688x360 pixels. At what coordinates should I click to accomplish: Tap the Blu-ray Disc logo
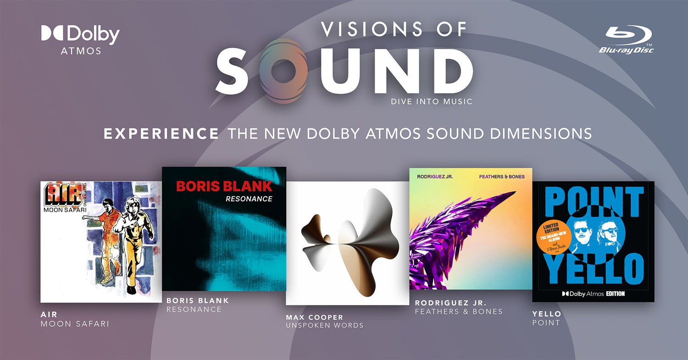(626, 39)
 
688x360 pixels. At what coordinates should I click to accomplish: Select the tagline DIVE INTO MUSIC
(431, 101)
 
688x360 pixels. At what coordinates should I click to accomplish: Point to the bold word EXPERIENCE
(161, 133)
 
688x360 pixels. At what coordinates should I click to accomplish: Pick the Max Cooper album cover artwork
(347, 243)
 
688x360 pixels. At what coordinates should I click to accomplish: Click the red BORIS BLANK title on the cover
(224, 186)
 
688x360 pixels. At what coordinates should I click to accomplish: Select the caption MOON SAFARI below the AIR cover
(75, 324)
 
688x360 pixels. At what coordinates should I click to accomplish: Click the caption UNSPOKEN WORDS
(324, 325)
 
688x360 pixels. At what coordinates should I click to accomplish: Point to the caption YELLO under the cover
(546, 314)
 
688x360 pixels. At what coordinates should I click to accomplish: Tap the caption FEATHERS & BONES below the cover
(459, 311)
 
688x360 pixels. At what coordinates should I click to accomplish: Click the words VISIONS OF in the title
(394, 30)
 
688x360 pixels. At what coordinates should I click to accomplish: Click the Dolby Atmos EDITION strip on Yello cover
(593, 294)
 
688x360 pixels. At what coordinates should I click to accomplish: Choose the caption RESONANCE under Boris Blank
(194, 309)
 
